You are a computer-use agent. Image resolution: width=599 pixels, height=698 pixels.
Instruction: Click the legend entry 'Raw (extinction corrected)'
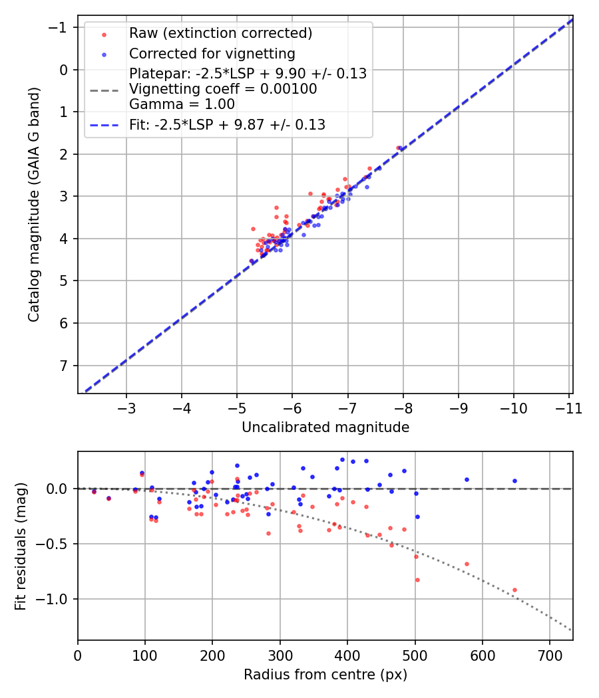[220, 33]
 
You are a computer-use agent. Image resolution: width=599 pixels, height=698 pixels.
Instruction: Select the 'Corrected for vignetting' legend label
[212, 53]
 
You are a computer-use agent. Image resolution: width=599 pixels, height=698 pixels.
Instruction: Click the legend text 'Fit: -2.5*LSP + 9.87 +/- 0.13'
[227, 124]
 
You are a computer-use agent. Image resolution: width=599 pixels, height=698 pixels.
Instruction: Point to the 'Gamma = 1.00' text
[182, 104]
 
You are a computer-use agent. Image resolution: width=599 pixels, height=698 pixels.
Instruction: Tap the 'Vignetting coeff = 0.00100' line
[223, 89]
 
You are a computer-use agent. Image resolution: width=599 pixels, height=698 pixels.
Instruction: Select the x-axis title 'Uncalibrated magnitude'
[325, 427]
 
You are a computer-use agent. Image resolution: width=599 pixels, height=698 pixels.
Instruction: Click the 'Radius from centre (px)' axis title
[325, 675]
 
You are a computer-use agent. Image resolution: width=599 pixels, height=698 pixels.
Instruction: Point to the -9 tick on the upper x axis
[459, 407]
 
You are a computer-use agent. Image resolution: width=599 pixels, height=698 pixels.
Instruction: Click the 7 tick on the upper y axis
[65, 366]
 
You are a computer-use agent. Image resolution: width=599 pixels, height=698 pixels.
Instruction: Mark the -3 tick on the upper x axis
[126, 407]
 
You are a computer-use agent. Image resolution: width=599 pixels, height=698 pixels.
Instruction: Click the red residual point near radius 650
[514, 590]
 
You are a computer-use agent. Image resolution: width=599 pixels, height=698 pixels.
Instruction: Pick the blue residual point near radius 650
[514, 481]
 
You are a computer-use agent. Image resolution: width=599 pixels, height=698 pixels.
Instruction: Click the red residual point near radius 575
[467, 564]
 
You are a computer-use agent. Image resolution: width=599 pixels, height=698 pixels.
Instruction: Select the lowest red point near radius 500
[417, 580]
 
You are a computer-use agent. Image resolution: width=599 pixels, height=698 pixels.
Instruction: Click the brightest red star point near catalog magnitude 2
[398, 148]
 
